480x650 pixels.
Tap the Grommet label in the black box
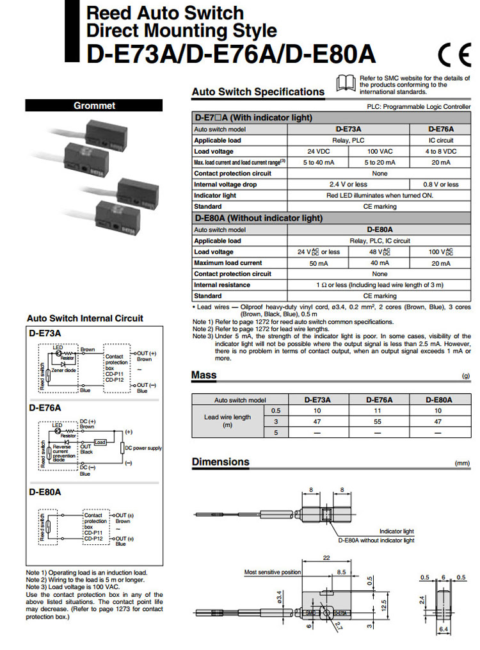(x=94, y=106)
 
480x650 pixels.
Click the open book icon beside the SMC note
(x=346, y=81)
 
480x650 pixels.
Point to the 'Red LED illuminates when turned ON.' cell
(x=380, y=195)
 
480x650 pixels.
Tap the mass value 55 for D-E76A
(x=379, y=422)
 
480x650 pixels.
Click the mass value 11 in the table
(x=379, y=410)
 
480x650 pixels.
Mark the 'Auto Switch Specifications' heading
(x=258, y=92)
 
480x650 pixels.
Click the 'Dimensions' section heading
(x=221, y=462)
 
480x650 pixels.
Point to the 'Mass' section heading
(x=204, y=375)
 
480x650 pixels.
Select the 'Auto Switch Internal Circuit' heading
(x=85, y=318)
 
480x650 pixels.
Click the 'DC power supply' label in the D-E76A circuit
(x=143, y=448)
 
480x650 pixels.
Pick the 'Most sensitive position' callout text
(x=273, y=572)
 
